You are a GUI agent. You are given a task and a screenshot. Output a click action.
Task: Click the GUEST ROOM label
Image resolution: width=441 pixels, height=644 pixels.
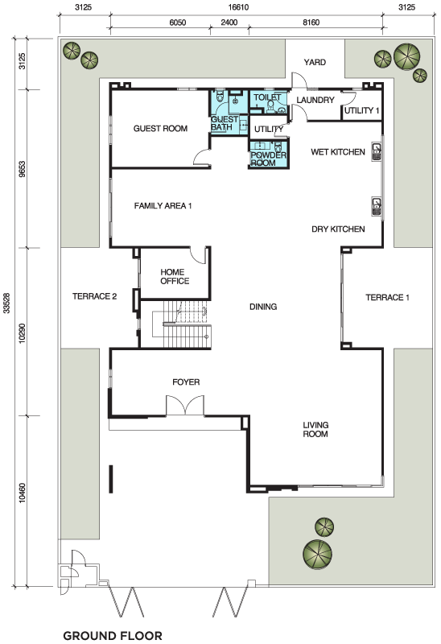[x=160, y=129]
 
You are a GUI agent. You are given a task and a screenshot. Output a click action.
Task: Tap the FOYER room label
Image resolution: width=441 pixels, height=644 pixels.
[x=186, y=382]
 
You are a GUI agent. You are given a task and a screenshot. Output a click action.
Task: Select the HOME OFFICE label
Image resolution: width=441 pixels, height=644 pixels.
[x=175, y=276]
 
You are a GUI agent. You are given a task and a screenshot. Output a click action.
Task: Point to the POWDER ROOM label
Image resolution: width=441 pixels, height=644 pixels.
[x=268, y=159]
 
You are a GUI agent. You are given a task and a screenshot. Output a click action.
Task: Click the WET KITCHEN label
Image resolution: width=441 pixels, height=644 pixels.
[x=338, y=152]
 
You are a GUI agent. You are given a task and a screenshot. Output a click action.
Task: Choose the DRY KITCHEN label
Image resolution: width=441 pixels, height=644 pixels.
[x=338, y=229]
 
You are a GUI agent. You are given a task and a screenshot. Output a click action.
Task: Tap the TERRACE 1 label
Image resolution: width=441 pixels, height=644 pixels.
[x=387, y=297]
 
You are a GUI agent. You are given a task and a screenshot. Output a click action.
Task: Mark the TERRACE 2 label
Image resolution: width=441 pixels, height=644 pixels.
[x=94, y=296]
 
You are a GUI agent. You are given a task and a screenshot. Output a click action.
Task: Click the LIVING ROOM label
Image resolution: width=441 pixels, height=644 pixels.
[x=315, y=430]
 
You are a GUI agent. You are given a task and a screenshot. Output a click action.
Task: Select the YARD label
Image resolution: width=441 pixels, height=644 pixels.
[x=315, y=62]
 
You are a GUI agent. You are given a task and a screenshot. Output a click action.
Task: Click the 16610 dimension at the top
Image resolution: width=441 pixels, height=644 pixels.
[x=238, y=7]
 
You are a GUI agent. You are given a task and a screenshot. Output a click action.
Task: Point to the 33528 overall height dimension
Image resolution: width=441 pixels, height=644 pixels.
[x=6, y=303]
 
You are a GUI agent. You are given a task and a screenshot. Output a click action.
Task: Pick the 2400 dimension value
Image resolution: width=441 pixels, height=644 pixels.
[x=229, y=23]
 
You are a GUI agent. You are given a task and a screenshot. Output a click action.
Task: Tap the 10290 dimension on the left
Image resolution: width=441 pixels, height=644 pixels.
[x=23, y=333]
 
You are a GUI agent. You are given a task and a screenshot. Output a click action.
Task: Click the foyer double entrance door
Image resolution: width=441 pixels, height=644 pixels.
[x=185, y=406]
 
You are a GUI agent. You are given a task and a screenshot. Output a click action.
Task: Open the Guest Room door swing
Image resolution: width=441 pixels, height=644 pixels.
[x=202, y=157]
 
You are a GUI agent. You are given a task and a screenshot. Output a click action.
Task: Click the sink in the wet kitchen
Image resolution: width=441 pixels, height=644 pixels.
[x=376, y=151]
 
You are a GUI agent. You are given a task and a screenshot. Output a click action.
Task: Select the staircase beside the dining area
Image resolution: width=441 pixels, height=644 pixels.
[x=182, y=324]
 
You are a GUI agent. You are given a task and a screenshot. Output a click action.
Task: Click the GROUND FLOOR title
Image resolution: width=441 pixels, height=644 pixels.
[x=113, y=636]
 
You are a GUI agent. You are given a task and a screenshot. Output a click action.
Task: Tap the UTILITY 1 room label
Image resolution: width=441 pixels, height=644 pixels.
[x=362, y=110]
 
